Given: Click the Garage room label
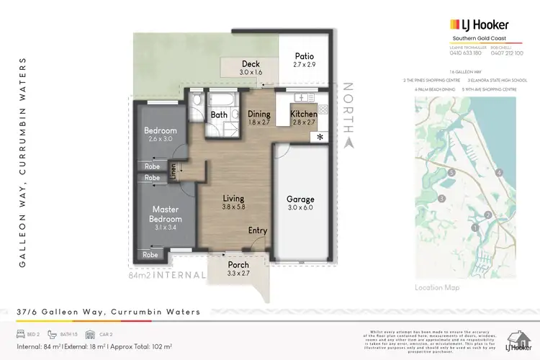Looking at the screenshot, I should pos(300,199).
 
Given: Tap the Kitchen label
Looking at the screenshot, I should pos(304,114).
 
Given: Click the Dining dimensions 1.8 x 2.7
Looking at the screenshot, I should pos(258,123).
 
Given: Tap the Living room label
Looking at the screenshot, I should pos(233,199).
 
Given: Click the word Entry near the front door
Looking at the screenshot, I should pos(257,230).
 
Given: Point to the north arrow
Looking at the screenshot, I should pos(349,143).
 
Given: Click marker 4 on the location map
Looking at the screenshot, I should pos(499,172).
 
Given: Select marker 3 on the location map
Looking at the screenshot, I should pos(443,198).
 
